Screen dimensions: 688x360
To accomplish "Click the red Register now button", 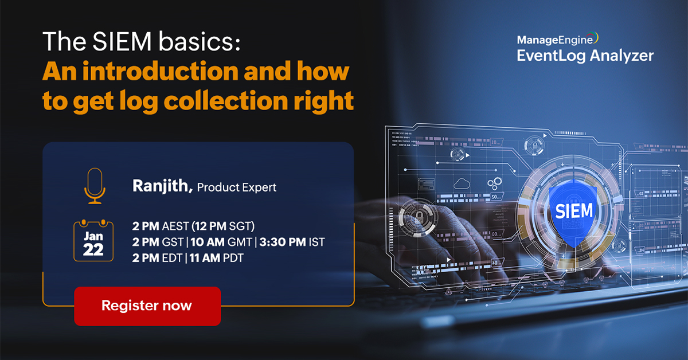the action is tap(147, 306).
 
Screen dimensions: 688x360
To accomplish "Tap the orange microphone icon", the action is tap(95, 186).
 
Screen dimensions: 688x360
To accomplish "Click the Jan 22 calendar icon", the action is tap(93, 241).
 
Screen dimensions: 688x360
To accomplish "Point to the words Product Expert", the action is tap(236, 187).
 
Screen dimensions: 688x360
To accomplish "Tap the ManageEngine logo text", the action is tap(556, 40).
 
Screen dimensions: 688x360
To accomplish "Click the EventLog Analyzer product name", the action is tap(585, 56).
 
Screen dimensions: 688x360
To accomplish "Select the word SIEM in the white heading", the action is tap(122, 41).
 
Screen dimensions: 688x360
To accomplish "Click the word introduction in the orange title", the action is tap(161, 71).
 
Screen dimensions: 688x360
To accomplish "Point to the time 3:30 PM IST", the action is tap(292, 242).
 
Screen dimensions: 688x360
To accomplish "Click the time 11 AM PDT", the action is tap(216, 258).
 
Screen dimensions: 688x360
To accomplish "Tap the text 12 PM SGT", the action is tap(223, 226).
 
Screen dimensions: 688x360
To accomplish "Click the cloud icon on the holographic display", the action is tap(462, 184).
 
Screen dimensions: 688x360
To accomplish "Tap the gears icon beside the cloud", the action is tap(494, 183).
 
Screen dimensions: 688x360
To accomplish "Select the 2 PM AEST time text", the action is tap(161, 226).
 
